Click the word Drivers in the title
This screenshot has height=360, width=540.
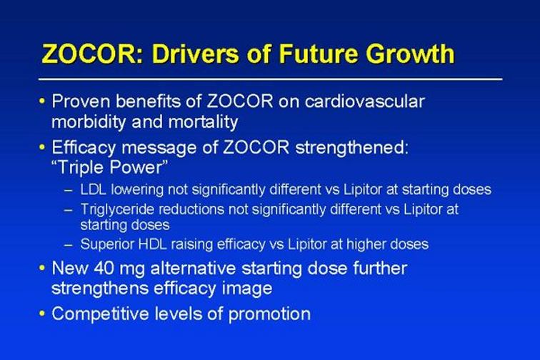click(195, 54)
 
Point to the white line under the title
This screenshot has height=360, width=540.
click(270, 79)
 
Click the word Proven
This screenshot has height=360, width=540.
click(81, 101)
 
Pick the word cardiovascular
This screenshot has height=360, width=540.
click(364, 101)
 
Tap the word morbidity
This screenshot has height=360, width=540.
click(89, 122)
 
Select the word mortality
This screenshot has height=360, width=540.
click(203, 122)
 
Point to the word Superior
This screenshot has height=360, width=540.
click(107, 244)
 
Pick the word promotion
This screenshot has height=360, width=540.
click(270, 314)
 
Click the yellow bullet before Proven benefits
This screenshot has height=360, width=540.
click(42, 101)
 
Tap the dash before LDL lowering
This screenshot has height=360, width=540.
click(69, 190)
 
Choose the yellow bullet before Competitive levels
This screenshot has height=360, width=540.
click(42, 314)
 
